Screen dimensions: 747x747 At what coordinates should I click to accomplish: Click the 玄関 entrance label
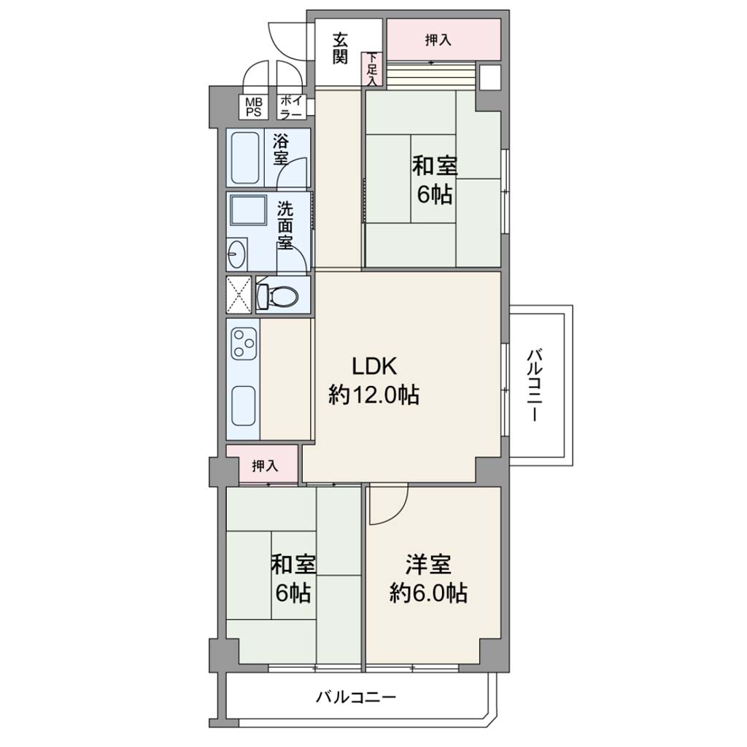coord(340,48)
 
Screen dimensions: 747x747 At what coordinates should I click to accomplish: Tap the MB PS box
coord(253,107)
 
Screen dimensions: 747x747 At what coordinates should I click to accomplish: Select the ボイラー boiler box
coord(290,107)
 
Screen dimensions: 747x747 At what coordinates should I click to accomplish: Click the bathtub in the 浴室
coord(244,158)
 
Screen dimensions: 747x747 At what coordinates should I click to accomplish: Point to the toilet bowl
coord(277,296)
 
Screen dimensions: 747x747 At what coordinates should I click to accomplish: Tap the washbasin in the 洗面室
coord(237,255)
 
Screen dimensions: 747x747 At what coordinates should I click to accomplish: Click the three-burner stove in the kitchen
coord(244,343)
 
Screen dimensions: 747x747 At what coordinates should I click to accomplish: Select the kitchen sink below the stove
coord(244,406)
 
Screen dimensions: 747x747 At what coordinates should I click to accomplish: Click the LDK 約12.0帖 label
coord(374,381)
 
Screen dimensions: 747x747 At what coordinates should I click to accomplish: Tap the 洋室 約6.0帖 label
coord(428,578)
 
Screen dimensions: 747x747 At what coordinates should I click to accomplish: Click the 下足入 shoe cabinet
coord(372,69)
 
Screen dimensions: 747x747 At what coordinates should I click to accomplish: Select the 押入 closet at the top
coord(443,39)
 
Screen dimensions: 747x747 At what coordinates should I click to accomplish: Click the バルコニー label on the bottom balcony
coord(356,698)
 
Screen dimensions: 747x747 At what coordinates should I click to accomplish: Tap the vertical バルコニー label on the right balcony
coord(534,385)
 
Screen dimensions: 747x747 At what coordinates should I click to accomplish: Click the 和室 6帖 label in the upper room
coord(435,181)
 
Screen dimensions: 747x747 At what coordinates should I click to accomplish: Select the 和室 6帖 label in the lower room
coord(293,578)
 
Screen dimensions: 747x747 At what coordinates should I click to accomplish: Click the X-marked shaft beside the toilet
coord(239,295)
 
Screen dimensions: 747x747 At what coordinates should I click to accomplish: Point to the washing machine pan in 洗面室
coord(248,209)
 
